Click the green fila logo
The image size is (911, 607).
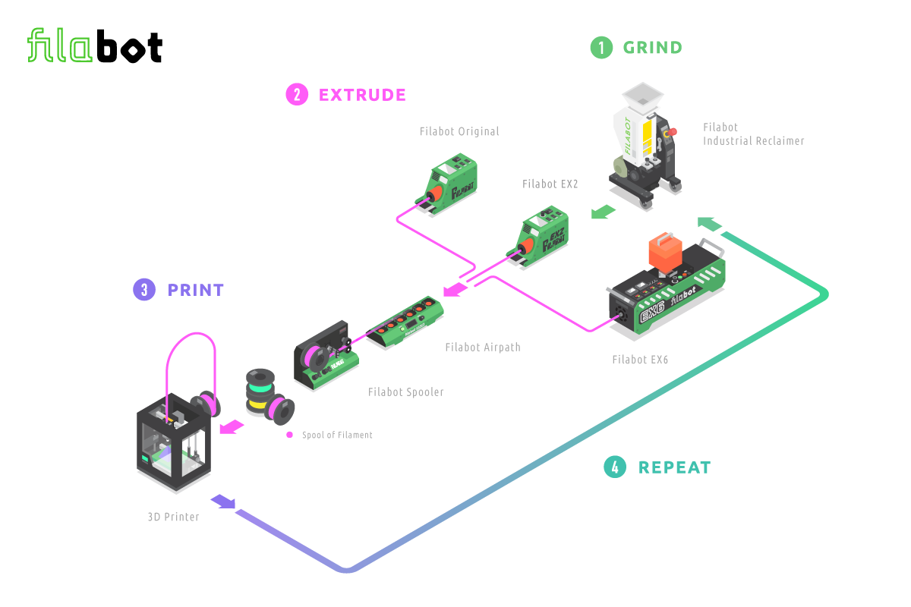pos(60,46)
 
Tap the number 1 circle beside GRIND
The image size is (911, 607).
pos(601,48)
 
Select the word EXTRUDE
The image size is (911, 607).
pos(362,95)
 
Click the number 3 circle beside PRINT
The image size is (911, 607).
pos(144,289)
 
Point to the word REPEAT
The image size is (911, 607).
pos(674,467)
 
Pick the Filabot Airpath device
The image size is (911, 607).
pos(405,323)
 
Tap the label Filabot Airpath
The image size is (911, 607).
pos(482,348)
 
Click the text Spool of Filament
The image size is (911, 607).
pos(337,435)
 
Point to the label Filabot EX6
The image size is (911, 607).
pos(640,360)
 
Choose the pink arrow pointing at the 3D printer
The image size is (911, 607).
pos(232,427)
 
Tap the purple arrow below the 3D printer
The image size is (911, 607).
pos(223,502)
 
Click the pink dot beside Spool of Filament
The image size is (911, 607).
pos(289,435)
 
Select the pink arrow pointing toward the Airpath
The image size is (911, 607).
pos(455,289)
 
